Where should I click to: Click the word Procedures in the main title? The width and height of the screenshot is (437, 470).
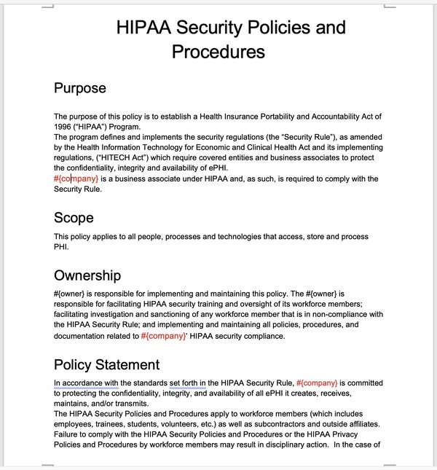[x=219, y=52]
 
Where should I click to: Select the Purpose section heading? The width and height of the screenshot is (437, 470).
[x=80, y=88]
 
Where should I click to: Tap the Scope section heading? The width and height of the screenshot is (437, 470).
[x=74, y=217]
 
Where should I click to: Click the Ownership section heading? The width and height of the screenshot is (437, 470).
[x=87, y=275]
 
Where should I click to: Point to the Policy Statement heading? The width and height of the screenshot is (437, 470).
[x=106, y=364]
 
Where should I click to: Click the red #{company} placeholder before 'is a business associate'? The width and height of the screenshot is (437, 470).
[x=76, y=179]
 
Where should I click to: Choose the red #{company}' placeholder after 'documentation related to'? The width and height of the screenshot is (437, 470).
[x=164, y=336]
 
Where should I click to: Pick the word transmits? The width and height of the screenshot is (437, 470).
[x=129, y=404]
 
